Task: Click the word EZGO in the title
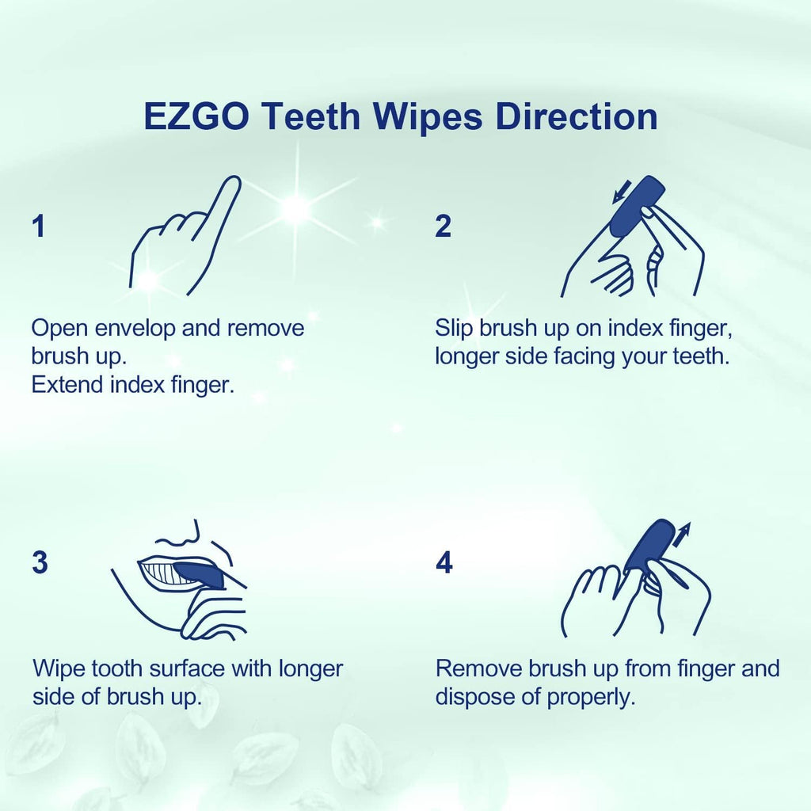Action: [197, 116]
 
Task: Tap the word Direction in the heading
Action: [576, 116]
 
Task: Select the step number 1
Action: [38, 227]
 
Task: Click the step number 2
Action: [444, 227]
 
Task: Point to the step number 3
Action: [40, 563]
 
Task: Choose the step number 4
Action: [444, 563]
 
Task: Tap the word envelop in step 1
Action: [133, 328]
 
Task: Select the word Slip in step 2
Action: [455, 328]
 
